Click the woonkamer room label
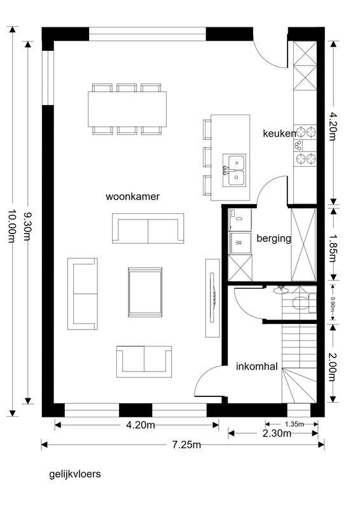coord(132,197)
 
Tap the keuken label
coord(279,134)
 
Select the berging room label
coord(273,239)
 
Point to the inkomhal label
coord(257,366)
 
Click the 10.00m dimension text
coord(12,226)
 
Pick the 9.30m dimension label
coord(27,227)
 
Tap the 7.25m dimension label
coord(186,444)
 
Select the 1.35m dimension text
coord(294,424)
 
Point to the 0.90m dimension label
coord(333,304)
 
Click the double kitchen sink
coord(234,170)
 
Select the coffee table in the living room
coord(145,292)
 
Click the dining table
coord(127,109)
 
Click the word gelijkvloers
coord(75,474)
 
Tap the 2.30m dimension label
coord(277,433)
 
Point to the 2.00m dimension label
coord(332,367)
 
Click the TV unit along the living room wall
coord(212,298)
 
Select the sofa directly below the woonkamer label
coord(148,228)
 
